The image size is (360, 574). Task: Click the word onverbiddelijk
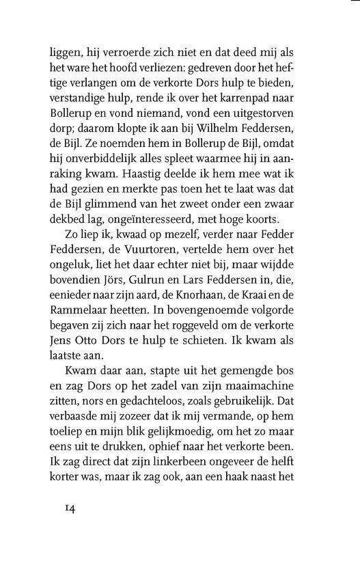[102, 165]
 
